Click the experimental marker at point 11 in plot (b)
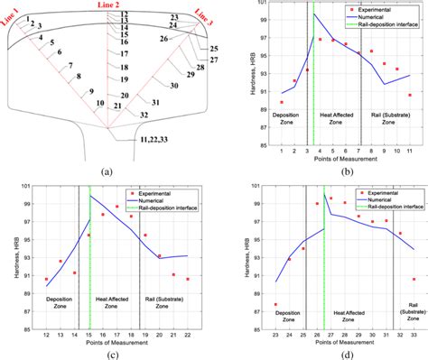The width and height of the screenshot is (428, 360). tap(409, 95)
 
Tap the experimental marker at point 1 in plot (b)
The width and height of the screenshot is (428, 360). tap(282, 102)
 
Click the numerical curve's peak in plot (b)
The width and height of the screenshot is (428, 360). tap(313, 14)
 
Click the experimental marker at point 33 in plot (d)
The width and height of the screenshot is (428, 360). tap(414, 279)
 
